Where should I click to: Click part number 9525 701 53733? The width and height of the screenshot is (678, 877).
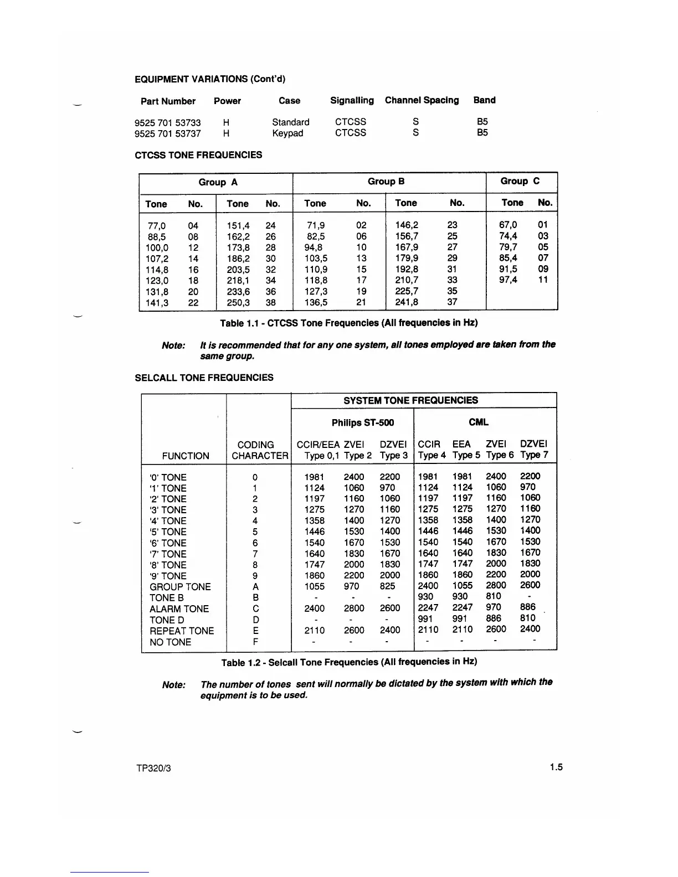(x=167, y=122)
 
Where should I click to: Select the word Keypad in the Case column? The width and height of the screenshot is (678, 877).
(x=287, y=133)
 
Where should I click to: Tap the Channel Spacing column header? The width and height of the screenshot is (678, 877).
(x=422, y=100)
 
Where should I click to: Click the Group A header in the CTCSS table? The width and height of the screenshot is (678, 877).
(x=218, y=182)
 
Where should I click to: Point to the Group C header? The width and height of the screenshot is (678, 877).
(x=520, y=181)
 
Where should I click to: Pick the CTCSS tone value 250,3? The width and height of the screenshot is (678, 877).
(x=238, y=303)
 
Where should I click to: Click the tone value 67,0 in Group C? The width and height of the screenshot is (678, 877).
(x=508, y=225)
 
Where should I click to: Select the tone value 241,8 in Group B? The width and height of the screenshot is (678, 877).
(x=407, y=302)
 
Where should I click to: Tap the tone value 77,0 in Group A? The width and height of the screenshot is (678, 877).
(x=157, y=226)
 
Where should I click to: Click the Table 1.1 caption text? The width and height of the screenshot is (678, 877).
(x=348, y=323)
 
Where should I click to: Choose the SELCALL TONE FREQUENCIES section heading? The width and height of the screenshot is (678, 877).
(x=204, y=378)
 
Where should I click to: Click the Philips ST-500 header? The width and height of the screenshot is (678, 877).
(x=363, y=423)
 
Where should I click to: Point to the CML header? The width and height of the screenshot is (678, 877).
(x=479, y=422)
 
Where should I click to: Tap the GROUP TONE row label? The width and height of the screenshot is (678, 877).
(x=180, y=587)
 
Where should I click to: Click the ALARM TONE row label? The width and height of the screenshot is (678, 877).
(x=179, y=609)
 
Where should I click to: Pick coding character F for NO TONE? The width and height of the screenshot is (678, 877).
(x=255, y=642)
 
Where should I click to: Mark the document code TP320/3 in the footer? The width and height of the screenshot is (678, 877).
(x=153, y=768)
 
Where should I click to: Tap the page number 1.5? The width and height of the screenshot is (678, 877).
(x=556, y=767)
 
